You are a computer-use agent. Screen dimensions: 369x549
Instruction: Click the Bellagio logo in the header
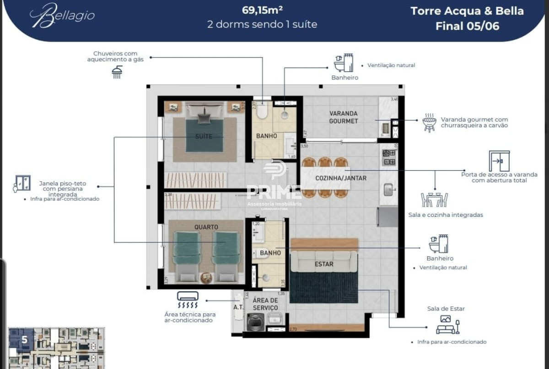(x=62, y=16)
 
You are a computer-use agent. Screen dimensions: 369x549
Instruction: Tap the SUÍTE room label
(x=203, y=136)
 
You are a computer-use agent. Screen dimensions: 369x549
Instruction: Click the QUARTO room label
(x=206, y=227)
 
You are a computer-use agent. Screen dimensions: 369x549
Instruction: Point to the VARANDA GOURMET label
(x=343, y=117)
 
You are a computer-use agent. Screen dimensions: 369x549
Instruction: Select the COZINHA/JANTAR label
(x=341, y=178)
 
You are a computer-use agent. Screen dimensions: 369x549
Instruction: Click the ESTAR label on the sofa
(x=324, y=264)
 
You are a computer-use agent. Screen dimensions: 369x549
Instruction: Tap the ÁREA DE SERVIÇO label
(x=265, y=304)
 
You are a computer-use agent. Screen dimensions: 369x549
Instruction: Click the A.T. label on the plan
(x=238, y=307)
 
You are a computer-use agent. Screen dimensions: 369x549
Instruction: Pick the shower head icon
(x=117, y=72)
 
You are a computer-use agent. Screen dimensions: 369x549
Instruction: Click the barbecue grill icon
(x=429, y=122)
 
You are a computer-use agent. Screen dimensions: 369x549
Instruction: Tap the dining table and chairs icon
(x=434, y=200)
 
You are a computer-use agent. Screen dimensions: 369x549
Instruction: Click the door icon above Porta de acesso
(x=499, y=161)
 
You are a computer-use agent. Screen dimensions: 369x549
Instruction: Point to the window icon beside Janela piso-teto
(x=22, y=184)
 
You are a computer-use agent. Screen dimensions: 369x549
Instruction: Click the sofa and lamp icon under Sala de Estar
(x=447, y=324)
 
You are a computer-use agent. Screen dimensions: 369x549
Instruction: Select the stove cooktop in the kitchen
(x=389, y=157)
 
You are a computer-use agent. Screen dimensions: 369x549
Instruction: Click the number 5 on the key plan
(x=24, y=340)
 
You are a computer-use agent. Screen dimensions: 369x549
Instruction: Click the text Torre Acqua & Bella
(x=467, y=11)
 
